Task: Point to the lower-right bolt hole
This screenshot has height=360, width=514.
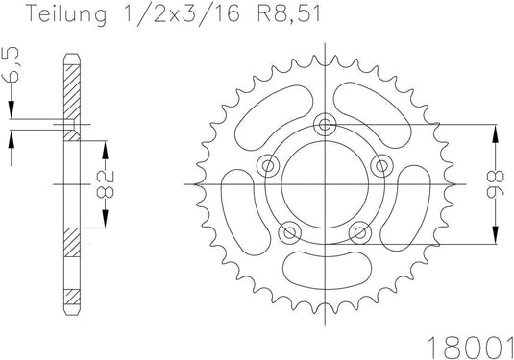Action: point(360,231)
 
